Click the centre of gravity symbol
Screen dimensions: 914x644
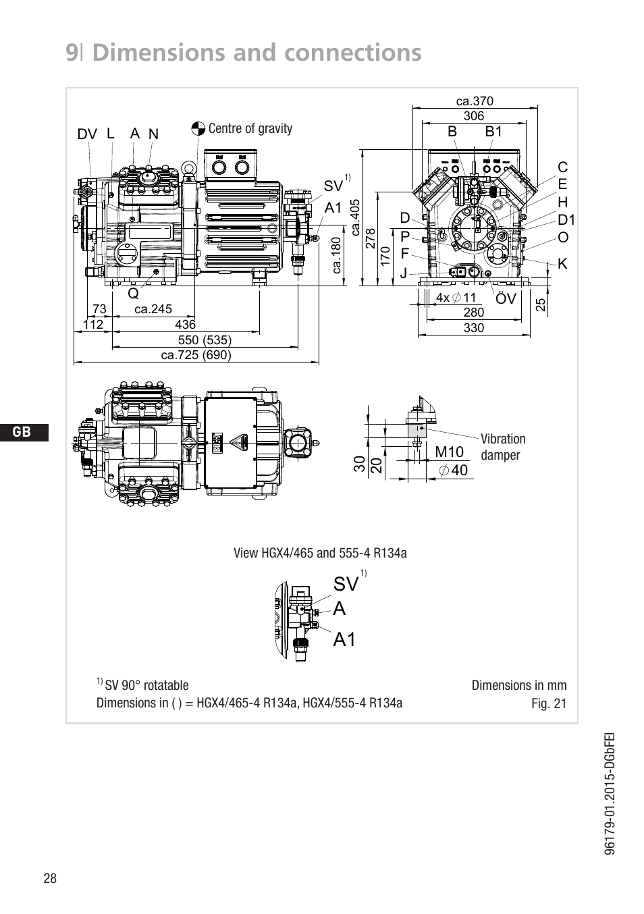click(198, 129)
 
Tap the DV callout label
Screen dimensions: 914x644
click(87, 134)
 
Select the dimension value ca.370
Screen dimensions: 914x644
click(475, 101)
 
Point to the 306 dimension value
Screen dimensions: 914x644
click(474, 116)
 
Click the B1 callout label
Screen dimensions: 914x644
click(494, 132)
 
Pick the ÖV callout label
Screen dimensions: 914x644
click(506, 298)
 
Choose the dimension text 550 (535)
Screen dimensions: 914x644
click(205, 340)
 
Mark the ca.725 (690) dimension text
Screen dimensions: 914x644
click(196, 355)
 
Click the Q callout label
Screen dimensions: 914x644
click(133, 294)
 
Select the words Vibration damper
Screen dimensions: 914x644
click(503, 447)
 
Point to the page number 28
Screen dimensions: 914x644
click(50, 878)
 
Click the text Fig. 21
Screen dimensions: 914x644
click(549, 703)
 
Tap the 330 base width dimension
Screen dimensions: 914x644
click(474, 328)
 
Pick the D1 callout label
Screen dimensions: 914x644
click(566, 220)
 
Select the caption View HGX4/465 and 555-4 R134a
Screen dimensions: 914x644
click(320, 554)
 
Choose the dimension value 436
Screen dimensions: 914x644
click(185, 325)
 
